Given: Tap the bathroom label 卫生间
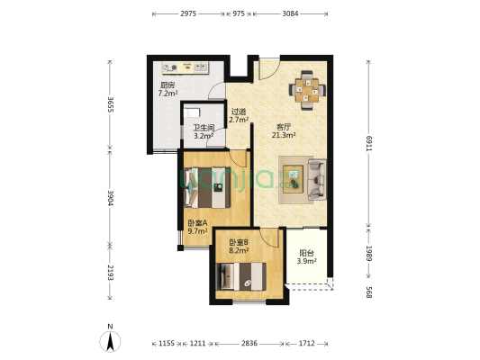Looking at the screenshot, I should tap(204, 128).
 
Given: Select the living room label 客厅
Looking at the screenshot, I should tap(284, 127).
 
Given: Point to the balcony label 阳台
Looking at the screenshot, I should tap(306, 253).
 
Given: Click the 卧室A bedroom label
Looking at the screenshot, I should tap(197, 223).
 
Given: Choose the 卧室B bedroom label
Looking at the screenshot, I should tap(239, 243).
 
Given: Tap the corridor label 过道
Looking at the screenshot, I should tap(238, 112).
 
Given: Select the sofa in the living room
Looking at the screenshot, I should tap(316, 177).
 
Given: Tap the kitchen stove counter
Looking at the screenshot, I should tap(185, 68).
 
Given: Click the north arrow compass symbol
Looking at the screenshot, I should tap(110, 340).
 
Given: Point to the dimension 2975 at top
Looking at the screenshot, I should tap(188, 15).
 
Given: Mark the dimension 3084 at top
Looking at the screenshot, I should tap(290, 15).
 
